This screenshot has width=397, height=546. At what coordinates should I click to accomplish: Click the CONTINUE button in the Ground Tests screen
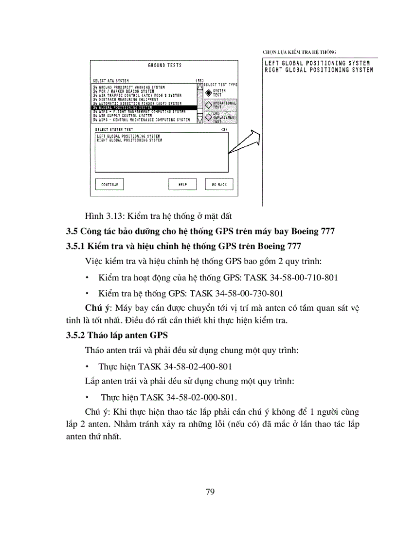(109, 185)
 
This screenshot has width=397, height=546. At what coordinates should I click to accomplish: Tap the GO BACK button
(219, 185)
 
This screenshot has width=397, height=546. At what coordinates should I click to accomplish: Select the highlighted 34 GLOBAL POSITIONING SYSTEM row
(144, 107)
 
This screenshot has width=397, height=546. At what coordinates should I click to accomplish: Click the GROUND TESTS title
(164, 65)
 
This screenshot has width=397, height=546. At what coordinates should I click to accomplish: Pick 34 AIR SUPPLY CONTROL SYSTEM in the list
(122, 116)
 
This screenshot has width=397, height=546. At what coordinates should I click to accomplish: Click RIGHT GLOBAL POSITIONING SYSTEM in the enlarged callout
(319, 70)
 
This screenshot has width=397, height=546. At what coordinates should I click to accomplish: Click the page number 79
(210, 492)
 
